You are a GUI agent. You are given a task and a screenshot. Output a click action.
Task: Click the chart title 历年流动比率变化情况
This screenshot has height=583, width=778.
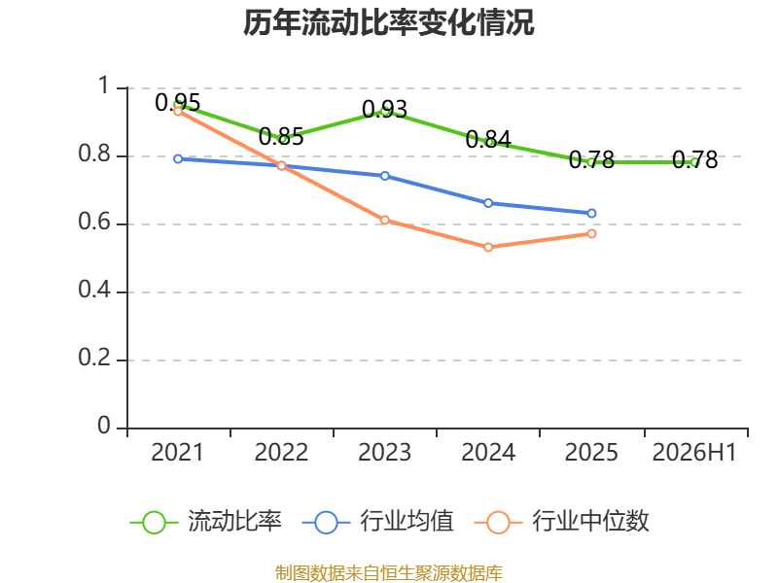click(388, 22)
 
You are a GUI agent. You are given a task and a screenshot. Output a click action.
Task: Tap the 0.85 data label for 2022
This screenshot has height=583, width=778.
click(281, 136)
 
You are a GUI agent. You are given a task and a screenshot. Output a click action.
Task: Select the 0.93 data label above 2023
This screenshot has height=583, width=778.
click(384, 109)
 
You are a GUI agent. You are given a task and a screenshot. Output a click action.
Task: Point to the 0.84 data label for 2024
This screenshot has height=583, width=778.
click(488, 139)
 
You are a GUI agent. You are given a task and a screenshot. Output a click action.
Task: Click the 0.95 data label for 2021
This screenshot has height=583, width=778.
click(178, 103)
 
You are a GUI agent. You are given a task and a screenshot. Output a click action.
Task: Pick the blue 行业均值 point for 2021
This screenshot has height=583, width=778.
click(178, 159)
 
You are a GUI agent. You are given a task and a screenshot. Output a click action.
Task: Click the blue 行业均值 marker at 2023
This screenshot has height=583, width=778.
click(384, 176)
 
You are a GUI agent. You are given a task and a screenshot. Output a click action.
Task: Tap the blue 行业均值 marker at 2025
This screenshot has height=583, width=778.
click(591, 213)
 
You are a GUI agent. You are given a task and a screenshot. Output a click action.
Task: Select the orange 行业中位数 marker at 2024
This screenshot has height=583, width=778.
click(488, 247)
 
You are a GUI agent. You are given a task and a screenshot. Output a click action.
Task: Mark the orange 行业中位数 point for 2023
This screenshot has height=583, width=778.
click(384, 221)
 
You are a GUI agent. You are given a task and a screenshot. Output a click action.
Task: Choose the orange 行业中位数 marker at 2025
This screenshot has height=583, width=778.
click(591, 233)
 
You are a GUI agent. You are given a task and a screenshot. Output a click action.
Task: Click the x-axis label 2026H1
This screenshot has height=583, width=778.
click(694, 453)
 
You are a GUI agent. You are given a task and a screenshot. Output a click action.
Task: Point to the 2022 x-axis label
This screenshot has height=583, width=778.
click(281, 453)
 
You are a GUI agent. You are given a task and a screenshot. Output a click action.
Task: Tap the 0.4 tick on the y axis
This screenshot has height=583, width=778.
click(94, 290)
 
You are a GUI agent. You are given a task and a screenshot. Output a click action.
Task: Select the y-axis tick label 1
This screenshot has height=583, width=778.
click(104, 86)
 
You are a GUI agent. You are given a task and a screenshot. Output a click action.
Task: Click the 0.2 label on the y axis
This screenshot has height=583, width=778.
click(94, 358)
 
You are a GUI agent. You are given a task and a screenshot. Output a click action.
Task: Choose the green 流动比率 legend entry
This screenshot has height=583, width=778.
click(206, 522)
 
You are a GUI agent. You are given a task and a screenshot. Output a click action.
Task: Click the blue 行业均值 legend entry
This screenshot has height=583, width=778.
click(377, 522)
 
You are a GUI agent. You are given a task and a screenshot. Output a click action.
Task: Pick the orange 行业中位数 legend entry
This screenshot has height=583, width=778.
click(562, 522)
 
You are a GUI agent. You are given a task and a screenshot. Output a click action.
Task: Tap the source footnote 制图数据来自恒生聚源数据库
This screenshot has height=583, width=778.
click(389, 573)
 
